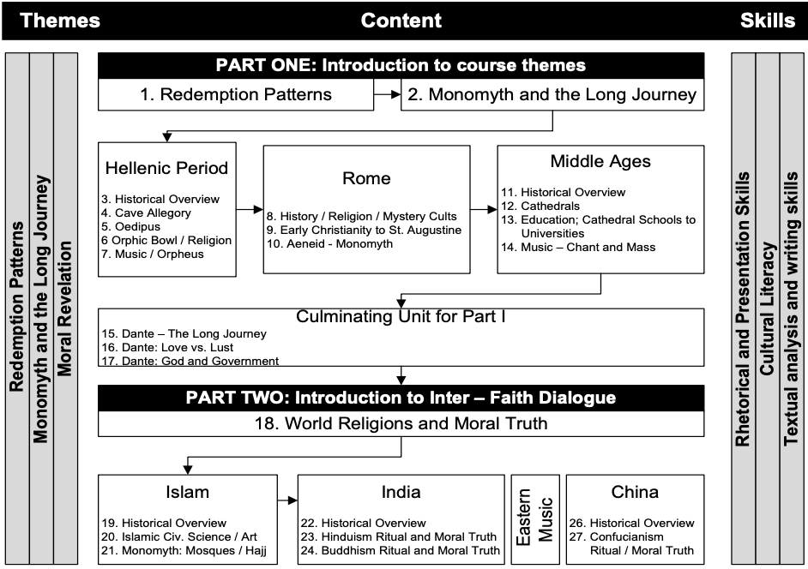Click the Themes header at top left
point(60,20)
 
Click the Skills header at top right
point(767,20)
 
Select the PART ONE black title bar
point(401,65)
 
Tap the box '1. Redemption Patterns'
point(236,94)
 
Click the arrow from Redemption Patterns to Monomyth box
point(388,94)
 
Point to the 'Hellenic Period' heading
point(166,167)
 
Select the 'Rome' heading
point(366,178)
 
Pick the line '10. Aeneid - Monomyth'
point(329,244)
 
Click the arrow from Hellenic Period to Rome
point(250,208)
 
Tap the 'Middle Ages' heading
point(600,161)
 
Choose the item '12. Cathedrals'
point(540,206)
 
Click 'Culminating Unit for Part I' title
point(401,316)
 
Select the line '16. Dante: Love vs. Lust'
point(178,347)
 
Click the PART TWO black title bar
point(401,398)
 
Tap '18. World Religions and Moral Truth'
point(401,423)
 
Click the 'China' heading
point(635,492)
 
